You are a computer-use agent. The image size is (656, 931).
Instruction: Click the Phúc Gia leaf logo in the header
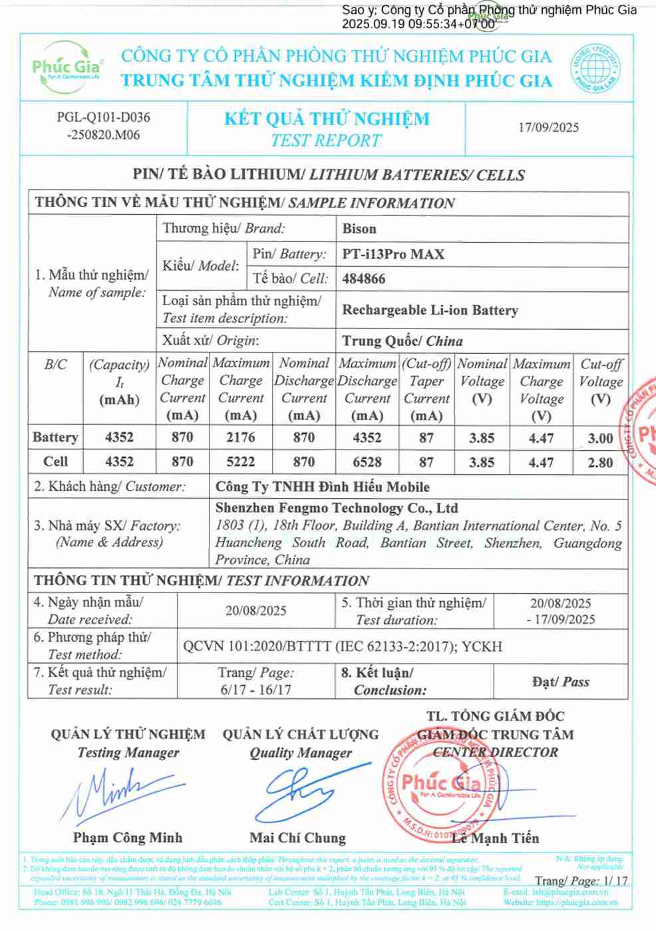click(67, 65)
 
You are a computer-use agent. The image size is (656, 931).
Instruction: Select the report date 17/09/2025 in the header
click(548, 128)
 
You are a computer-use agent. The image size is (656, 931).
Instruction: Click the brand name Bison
click(359, 229)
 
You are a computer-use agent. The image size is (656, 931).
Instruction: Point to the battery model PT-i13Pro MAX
click(393, 254)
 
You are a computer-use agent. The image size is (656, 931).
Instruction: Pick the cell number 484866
click(363, 279)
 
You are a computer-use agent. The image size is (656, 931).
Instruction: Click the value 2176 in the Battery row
click(240, 438)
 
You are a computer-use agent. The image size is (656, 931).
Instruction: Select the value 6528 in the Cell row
click(367, 462)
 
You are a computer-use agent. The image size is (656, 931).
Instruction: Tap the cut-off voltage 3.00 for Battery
click(600, 438)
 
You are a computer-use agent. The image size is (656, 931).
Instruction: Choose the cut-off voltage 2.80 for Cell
click(600, 462)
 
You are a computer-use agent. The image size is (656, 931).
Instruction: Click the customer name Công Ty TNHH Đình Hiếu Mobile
click(322, 487)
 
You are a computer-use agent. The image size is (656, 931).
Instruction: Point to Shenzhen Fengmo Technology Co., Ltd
click(337, 508)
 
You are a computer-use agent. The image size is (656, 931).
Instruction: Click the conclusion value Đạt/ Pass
click(560, 682)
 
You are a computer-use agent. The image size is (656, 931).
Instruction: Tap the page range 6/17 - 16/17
click(255, 690)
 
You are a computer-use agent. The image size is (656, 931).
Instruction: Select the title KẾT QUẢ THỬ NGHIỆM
click(327, 119)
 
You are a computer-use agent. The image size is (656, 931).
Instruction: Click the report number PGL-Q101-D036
click(103, 118)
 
